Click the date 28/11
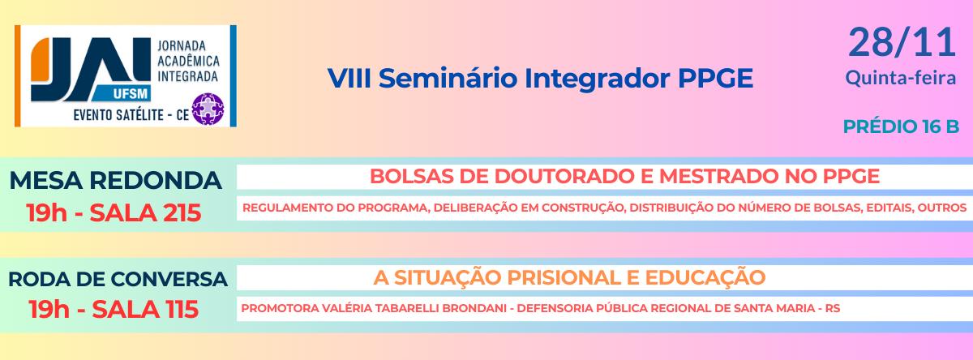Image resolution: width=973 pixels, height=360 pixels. [x=902, y=42]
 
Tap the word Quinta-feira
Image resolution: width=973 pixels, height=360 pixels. [x=901, y=78]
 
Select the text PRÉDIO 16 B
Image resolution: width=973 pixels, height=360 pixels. [x=901, y=126]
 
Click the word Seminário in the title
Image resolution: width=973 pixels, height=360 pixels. [x=448, y=78]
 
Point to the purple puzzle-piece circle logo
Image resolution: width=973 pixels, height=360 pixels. [x=208, y=109]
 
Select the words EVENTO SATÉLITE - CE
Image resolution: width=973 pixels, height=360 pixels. [x=131, y=114]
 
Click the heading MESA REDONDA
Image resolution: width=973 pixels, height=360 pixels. [x=115, y=180]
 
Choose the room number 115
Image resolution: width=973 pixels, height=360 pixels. [x=182, y=309]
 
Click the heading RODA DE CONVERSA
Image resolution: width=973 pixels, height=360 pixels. [x=118, y=279]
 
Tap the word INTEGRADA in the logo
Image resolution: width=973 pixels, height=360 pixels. [x=187, y=76]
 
